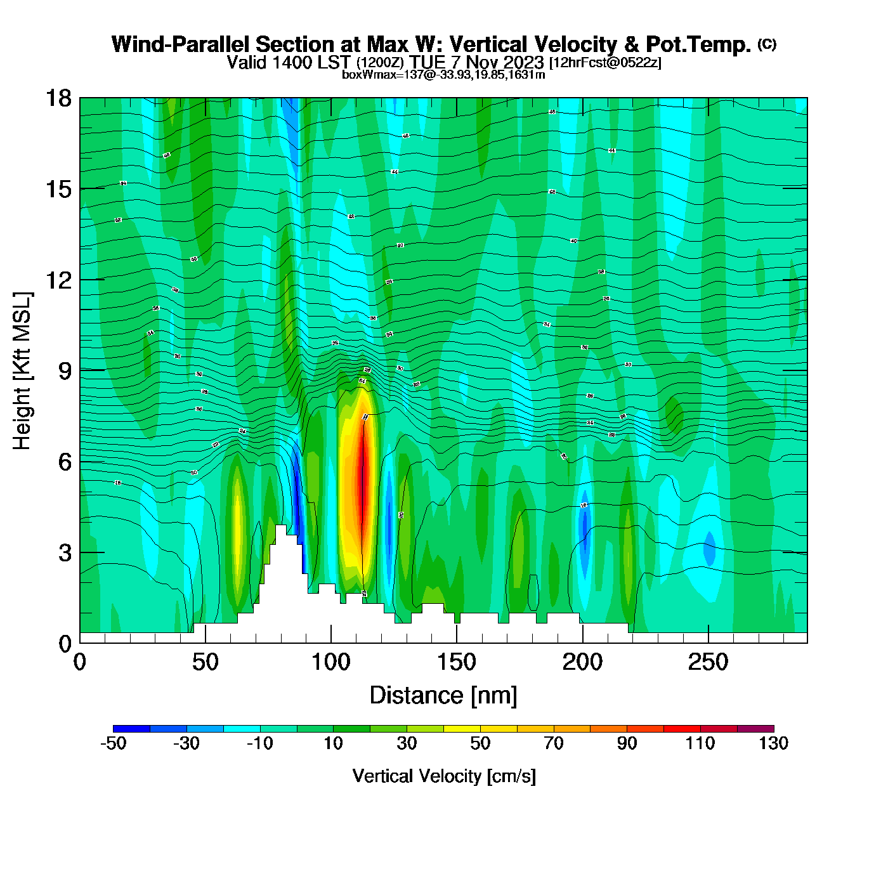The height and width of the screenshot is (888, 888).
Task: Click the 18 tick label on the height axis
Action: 58,98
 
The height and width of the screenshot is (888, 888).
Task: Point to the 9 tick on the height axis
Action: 65,371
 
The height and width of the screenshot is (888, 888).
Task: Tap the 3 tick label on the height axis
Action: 65,553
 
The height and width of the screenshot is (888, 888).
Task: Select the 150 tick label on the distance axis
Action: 456,663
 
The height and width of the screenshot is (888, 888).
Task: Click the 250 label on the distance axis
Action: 708,663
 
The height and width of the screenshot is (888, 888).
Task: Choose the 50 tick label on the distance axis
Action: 205,663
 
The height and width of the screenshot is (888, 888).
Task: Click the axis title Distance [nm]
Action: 443,696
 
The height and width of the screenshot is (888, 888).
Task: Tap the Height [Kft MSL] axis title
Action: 22,371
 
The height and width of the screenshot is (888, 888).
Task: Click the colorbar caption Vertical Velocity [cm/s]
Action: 443,776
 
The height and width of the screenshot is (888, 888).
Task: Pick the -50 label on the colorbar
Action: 114,743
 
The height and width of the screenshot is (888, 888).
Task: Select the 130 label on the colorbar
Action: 773,743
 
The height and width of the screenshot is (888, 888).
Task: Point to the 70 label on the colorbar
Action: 553,743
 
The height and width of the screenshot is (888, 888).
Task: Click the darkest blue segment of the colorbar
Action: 131,729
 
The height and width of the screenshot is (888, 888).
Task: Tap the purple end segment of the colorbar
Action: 755,729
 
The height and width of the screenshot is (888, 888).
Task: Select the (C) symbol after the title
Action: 767,44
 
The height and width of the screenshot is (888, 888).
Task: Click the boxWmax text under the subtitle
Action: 443,75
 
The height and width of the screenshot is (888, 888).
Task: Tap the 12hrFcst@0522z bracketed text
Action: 605,63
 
